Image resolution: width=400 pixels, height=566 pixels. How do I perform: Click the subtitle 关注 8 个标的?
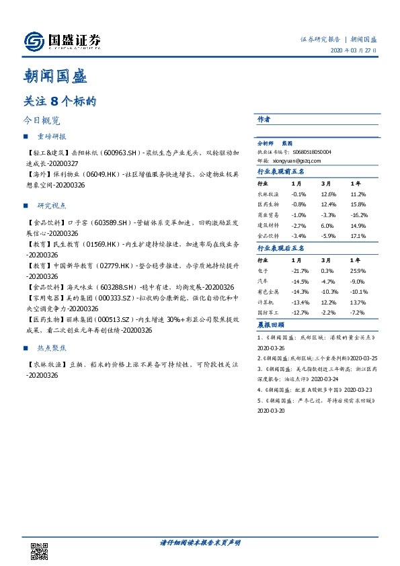coord(61,103)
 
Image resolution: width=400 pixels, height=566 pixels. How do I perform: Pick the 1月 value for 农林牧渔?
coord(299,195)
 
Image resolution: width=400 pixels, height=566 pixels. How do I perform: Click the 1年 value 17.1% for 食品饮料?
coord(358,236)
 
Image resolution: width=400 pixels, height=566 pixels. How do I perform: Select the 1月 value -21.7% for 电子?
coord(301,270)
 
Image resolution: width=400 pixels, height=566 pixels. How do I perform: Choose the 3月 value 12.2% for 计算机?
coord(328,302)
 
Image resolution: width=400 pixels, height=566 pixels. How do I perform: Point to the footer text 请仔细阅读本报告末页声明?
coord(200,542)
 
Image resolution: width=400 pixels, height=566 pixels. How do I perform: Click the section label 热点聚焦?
coord(52,349)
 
